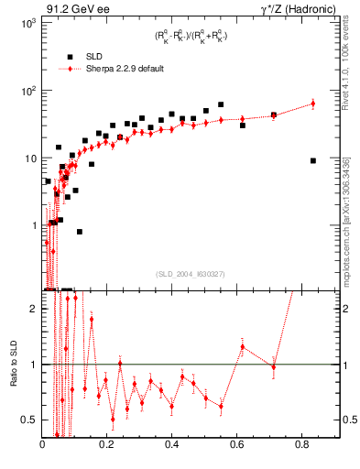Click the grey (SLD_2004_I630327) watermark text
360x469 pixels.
click(x=191, y=274)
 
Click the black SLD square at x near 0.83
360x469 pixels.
click(x=313, y=160)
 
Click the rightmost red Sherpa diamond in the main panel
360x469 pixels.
click(x=313, y=104)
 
